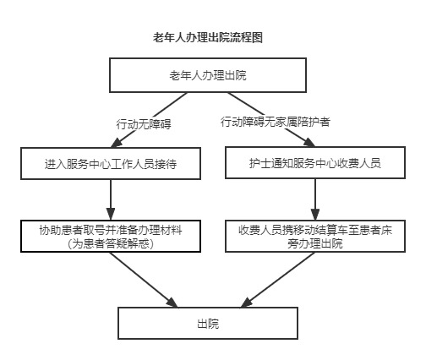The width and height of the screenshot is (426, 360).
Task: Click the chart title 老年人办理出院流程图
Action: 208,37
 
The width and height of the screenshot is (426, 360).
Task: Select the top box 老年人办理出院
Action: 208,75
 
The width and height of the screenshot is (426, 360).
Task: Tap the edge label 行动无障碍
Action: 144,124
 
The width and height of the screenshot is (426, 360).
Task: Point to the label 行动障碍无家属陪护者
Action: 276,122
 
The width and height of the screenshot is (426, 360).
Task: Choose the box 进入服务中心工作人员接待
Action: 111,163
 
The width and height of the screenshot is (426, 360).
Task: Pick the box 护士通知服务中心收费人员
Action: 315,163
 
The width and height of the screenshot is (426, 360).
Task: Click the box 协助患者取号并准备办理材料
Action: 111,236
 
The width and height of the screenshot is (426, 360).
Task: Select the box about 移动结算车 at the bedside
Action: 315,236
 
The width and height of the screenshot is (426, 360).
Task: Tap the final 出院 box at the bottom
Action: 208,323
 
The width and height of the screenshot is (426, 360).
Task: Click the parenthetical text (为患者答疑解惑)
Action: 111,243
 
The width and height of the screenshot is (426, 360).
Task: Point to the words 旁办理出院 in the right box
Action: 315,243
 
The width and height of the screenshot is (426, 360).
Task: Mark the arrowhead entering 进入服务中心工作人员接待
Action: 116,143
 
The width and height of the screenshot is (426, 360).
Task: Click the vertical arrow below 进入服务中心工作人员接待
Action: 111,199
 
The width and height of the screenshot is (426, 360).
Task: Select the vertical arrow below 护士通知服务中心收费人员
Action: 315,199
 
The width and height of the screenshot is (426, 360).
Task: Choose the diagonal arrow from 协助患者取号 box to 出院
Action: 144,280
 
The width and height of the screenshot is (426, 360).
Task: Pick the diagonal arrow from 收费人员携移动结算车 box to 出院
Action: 278,280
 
